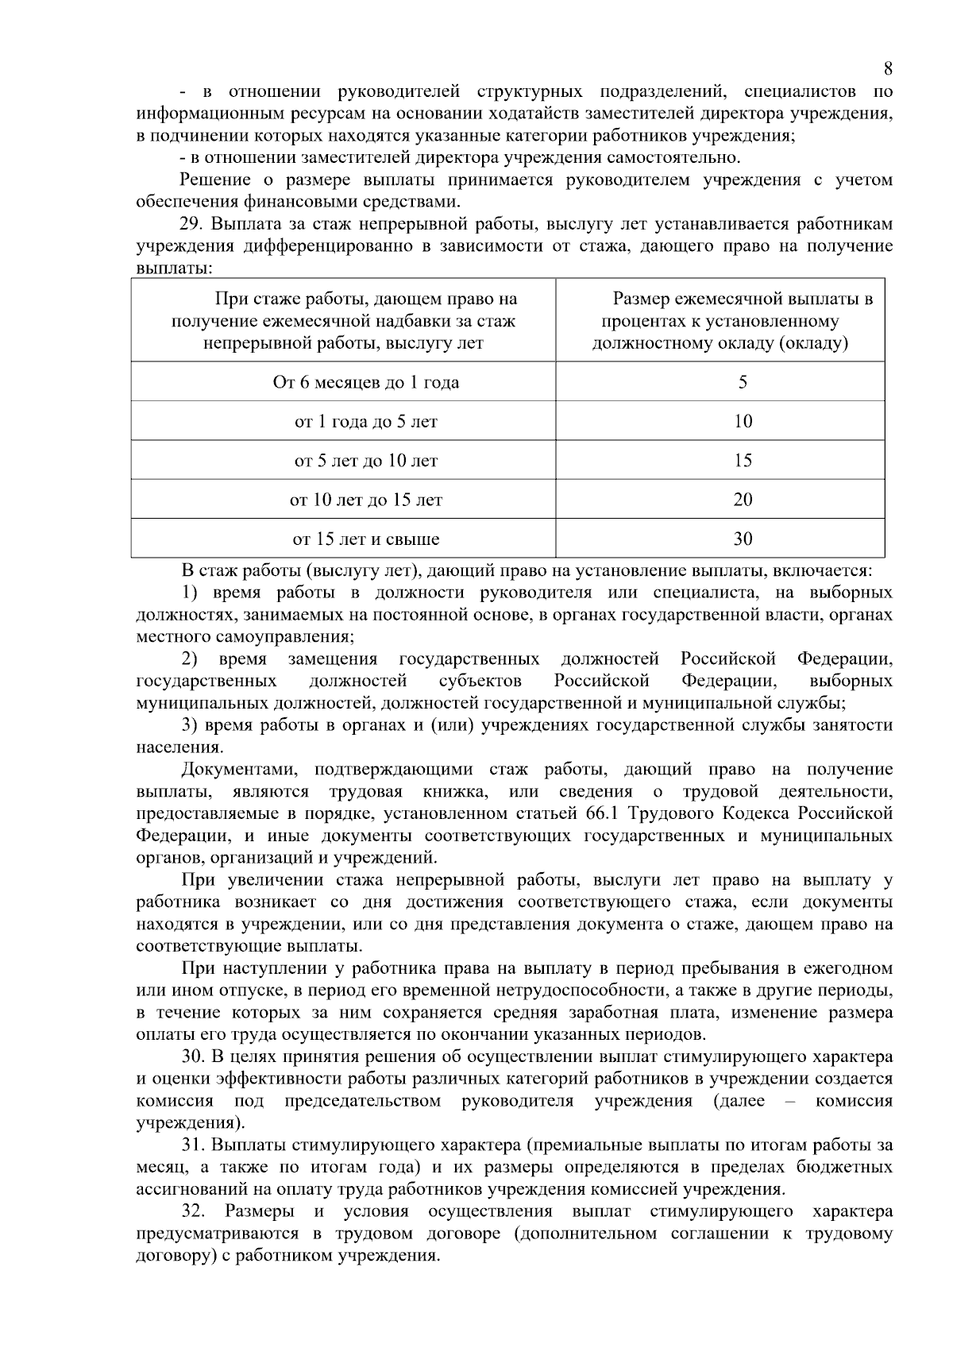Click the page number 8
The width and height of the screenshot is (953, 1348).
point(888,68)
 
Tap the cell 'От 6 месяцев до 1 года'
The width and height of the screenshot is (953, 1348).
point(366,382)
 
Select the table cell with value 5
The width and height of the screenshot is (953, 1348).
point(743,382)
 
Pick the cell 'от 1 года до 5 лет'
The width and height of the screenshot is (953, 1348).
point(366,422)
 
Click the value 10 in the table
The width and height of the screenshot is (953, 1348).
point(743,422)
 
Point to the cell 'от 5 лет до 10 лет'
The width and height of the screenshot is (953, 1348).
point(366,461)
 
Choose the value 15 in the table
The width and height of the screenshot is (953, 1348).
point(743,461)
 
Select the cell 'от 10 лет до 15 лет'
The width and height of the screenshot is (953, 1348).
point(366,500)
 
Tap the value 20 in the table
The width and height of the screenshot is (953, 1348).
point(743,500)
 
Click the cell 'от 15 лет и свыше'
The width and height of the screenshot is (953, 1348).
point(366,539)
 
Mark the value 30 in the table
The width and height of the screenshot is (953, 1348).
point(743,539)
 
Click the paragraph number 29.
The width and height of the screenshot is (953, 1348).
point(193,224)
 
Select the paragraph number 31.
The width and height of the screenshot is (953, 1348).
point(193,1145)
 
